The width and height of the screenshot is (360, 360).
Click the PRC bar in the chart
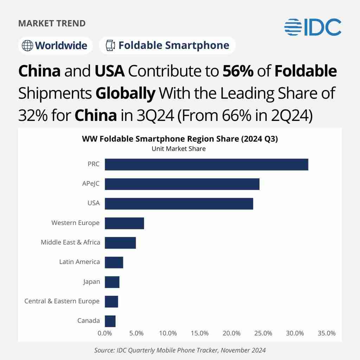pyautogui.click(x=206, y=165)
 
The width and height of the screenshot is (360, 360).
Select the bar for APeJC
pyautogui.click(x=182, y=184)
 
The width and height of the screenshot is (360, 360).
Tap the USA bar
pyautogui.click(x=179, y=204)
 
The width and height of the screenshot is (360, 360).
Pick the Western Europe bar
pyautogui.click(x=124, y=223)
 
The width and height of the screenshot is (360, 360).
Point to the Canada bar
pyautogui.click(x=110, y=321)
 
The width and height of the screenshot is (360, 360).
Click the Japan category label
pyautogui.click(x=91, y=282)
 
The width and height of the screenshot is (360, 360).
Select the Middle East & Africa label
pyautogui.click(x=70, y=242)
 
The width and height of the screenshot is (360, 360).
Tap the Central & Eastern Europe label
pyautogui.click(x=62, y=301)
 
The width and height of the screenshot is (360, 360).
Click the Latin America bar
pyautogui.click(x=114, y=262)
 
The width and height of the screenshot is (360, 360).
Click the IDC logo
pyautogui.click(x=313, y=27)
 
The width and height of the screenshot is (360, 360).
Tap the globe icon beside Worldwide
pyautogui.click(x=27, y=46)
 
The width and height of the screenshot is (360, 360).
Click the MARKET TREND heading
pyautogui.click(x=52, y=24)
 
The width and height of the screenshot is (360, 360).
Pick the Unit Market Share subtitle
pyautogui.click(x=179, y=149)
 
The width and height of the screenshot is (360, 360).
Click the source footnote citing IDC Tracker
pyautogui.click(x=180, y=351)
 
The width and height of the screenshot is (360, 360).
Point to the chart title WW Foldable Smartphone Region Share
pyautogui.click(x=180, y=139)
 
